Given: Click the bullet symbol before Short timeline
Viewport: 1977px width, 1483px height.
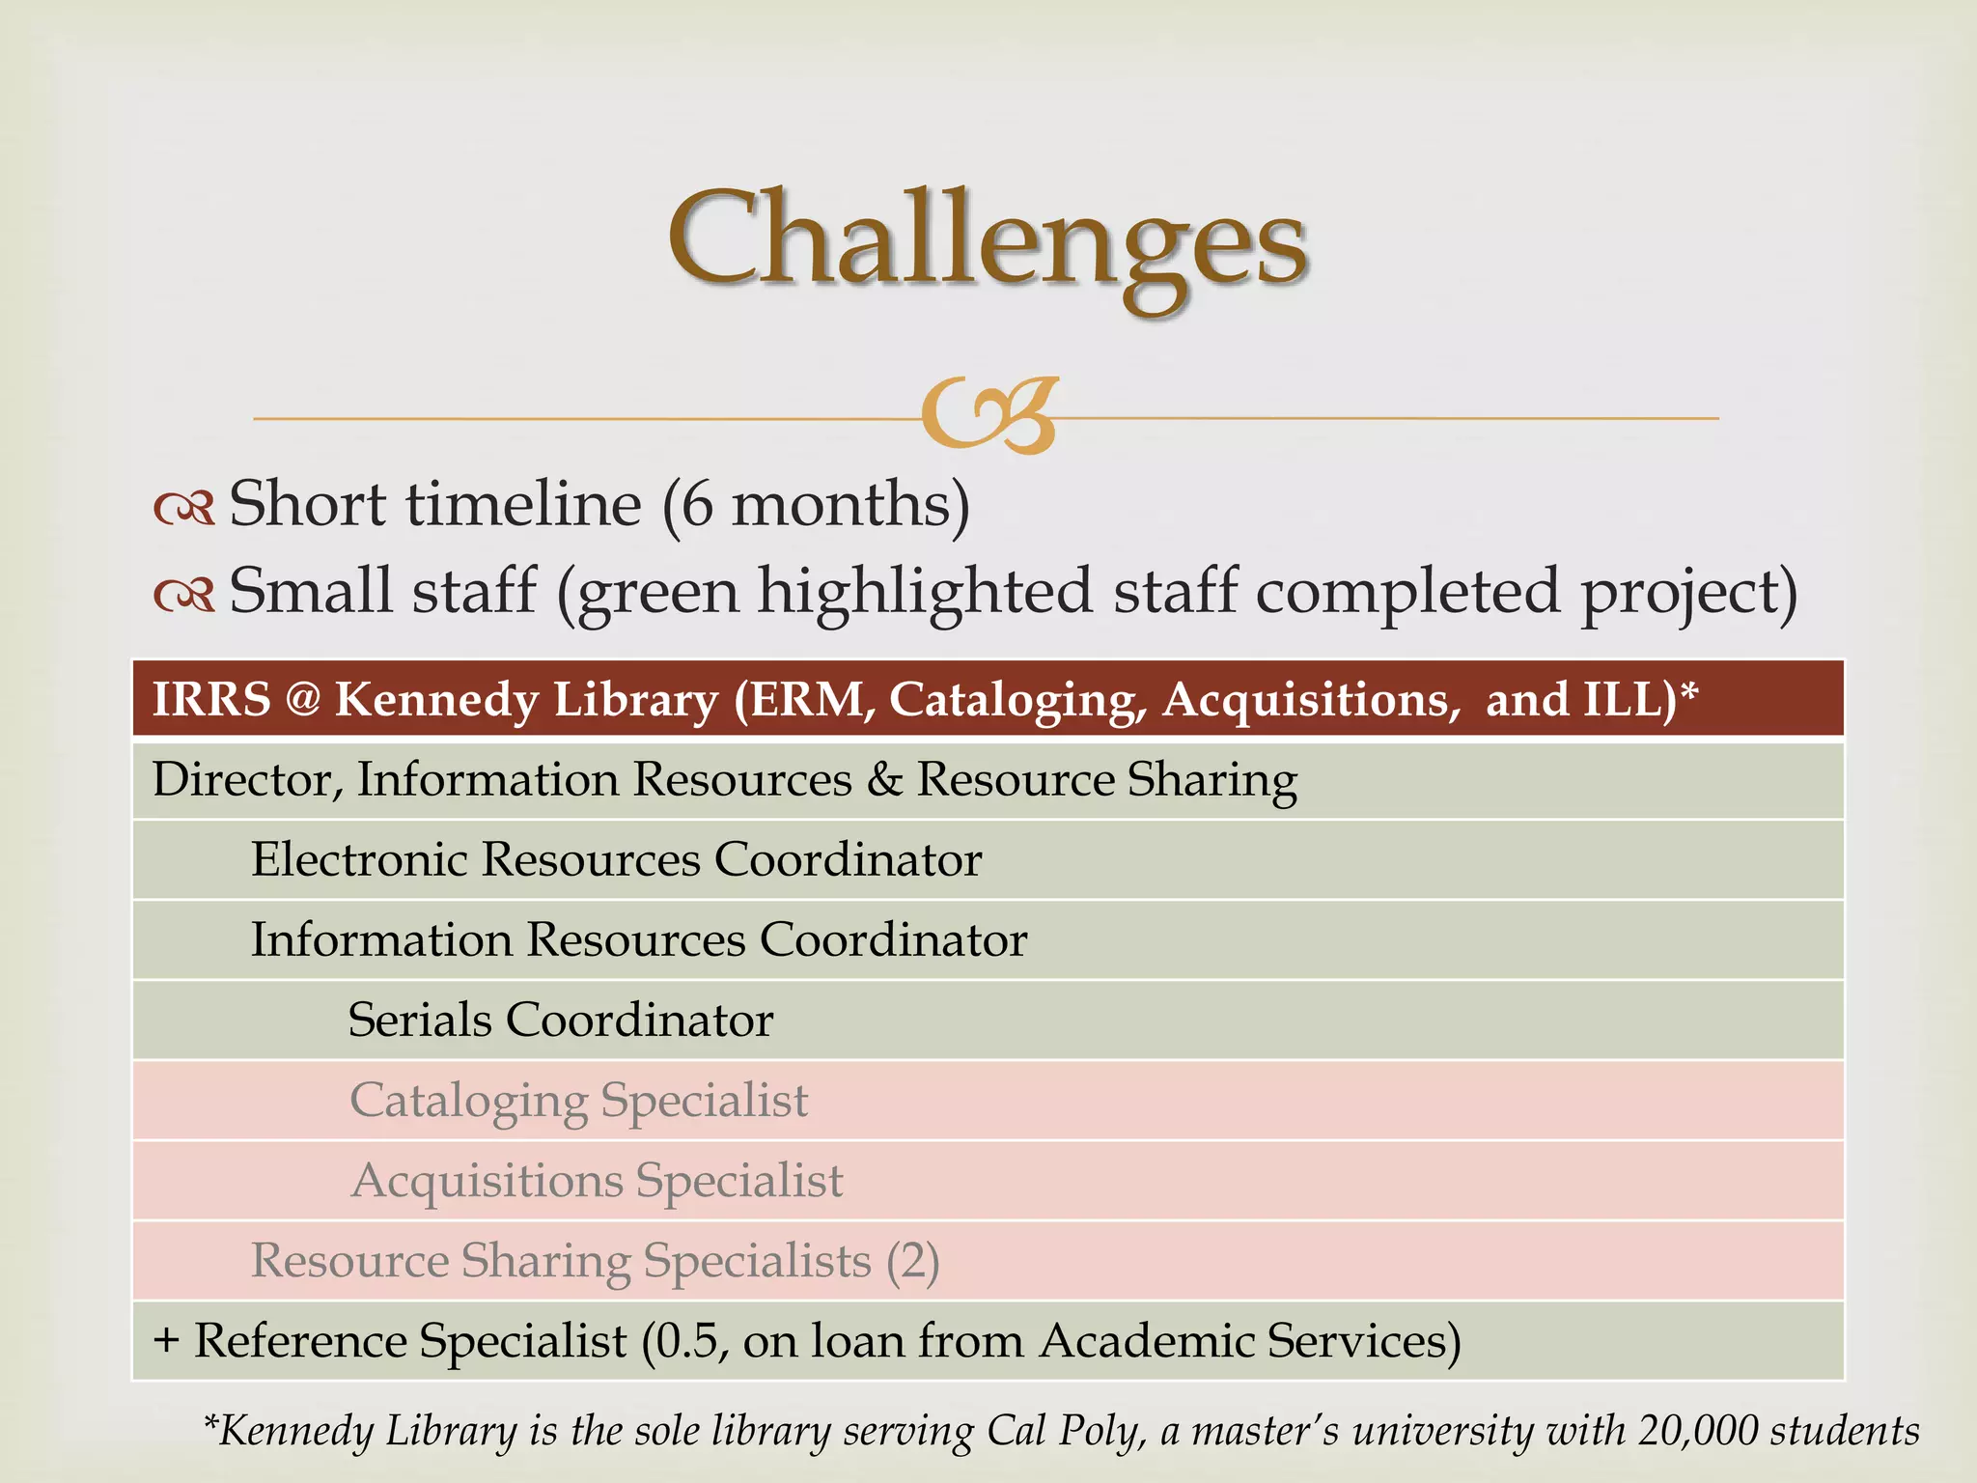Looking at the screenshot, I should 183,508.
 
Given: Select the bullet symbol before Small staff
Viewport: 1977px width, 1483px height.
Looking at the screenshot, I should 183,595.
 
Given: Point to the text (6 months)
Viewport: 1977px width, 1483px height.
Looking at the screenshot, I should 816,505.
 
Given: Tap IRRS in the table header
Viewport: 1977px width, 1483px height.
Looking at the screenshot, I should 211,699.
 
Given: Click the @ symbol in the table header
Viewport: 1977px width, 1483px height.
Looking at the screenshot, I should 302,699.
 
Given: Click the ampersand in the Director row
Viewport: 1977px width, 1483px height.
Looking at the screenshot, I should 883,780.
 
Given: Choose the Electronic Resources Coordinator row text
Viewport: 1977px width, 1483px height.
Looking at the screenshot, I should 616,859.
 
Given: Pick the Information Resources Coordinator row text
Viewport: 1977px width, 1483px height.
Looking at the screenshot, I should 639,939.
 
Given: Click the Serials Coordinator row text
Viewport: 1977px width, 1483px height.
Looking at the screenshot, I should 561,1020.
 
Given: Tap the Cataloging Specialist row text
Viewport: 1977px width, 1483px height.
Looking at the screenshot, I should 579,1101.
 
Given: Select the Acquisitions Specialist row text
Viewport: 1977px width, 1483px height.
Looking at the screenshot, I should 597,1181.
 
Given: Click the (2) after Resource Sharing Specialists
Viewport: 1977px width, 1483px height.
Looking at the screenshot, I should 912,1261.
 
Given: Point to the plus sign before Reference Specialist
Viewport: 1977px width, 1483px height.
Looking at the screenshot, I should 166,1341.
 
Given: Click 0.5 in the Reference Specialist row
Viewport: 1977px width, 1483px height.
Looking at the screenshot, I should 685,1341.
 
